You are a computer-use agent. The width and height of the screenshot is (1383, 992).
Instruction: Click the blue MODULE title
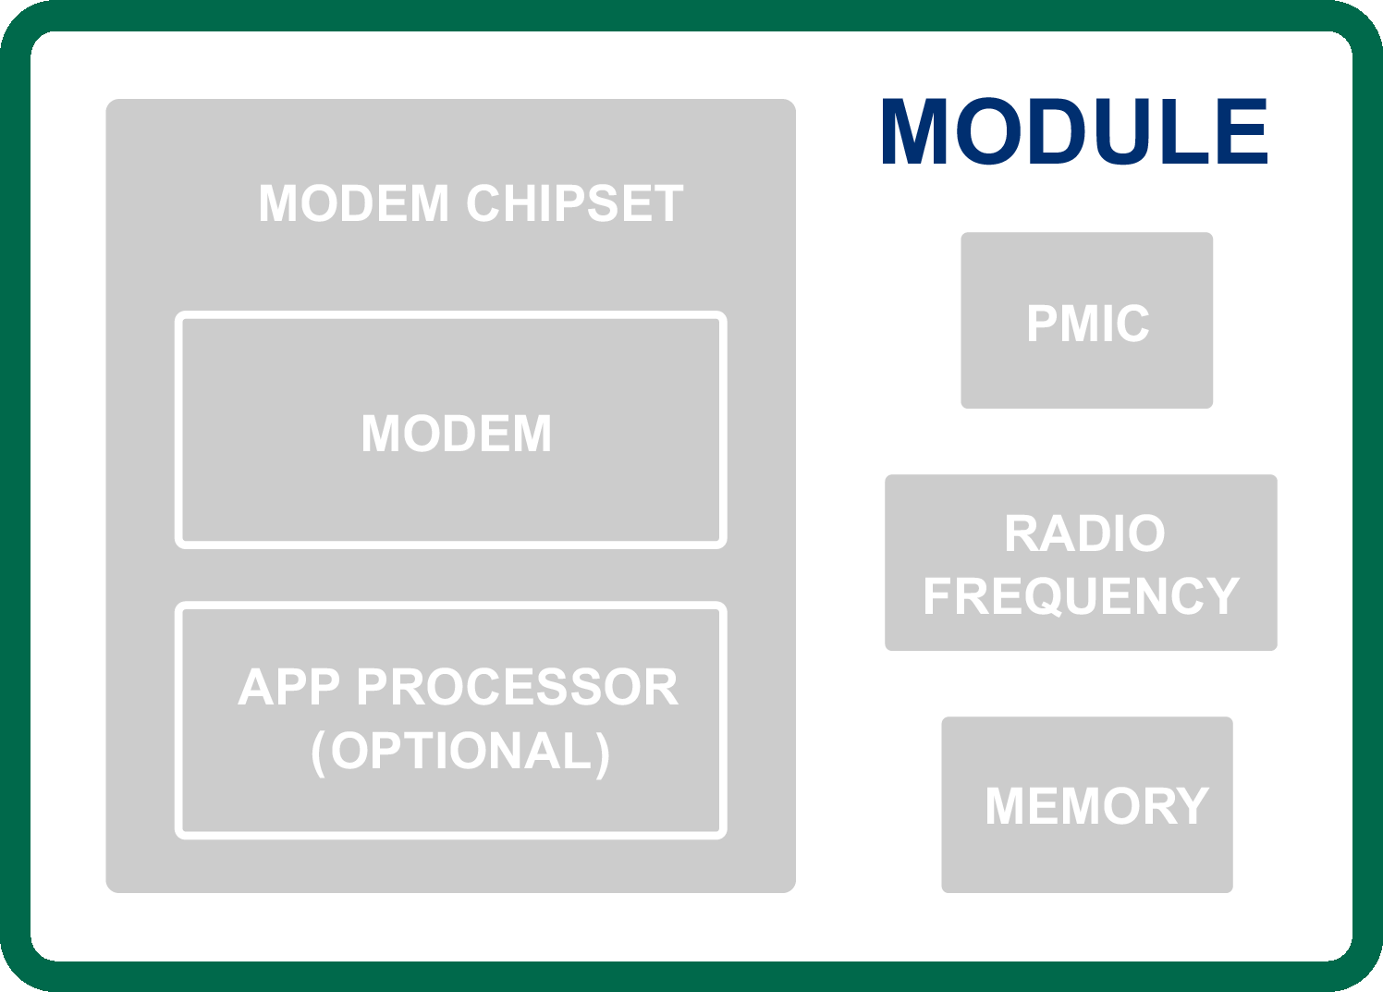point(1074,132)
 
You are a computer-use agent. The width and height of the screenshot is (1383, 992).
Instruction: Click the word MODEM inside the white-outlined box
point(457,434)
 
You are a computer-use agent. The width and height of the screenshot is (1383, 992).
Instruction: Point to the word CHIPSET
point(574,204)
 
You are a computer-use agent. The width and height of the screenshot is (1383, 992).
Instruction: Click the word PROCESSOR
point(517,688)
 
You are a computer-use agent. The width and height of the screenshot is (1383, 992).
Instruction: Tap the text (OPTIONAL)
point(460,751)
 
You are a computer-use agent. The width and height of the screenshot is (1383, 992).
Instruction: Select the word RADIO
point(1084,534)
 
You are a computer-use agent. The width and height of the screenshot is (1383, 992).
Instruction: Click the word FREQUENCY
point(1081,596)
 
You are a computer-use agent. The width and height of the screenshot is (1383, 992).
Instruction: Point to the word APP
point(289,688)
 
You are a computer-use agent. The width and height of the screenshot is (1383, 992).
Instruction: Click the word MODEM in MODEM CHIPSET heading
point(353,204)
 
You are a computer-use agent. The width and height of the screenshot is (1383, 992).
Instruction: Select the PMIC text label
point(1087,324)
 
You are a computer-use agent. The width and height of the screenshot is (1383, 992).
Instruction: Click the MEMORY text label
point(1096,806)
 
